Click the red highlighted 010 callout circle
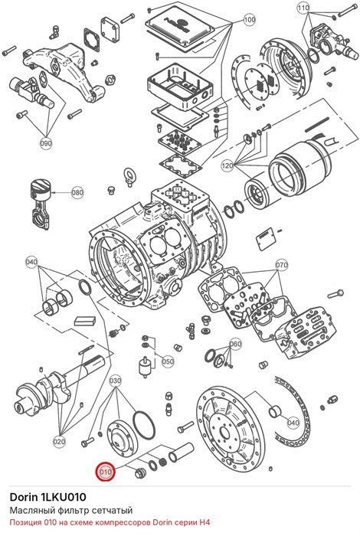tap(106, 472)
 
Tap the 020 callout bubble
tap(59, 442)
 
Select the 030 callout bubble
tap(115, 381)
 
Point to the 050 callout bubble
tap(168, 361)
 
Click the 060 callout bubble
tap(235, 344)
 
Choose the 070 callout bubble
tap(282, 265)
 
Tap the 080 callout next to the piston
tap(77, 192)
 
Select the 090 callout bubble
tap(46, 143)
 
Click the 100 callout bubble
tap(249, 19)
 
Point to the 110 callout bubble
tap(303, 8)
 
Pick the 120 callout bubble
tap(227, 166)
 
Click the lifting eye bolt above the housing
tap(129, 176)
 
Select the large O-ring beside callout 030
tap(143, 424)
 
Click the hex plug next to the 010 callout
tap(140, 473)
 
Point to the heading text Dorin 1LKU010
tap(47, 497)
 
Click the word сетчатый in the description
tap(113, 511)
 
